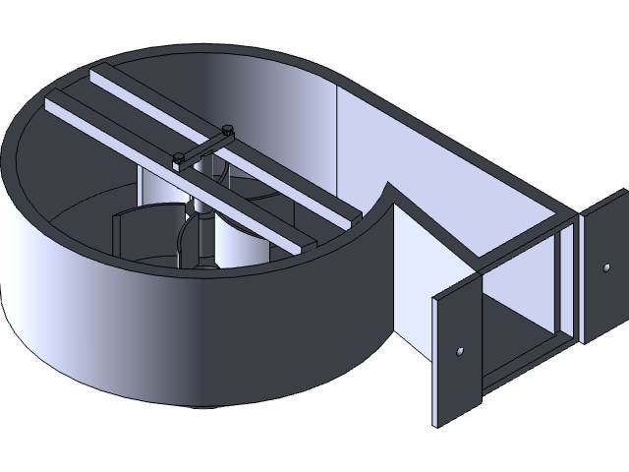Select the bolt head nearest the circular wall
pos(178,157)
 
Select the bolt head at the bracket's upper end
pos(228,129)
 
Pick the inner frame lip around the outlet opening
pos(565,285)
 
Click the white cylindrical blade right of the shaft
pos(241,241)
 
